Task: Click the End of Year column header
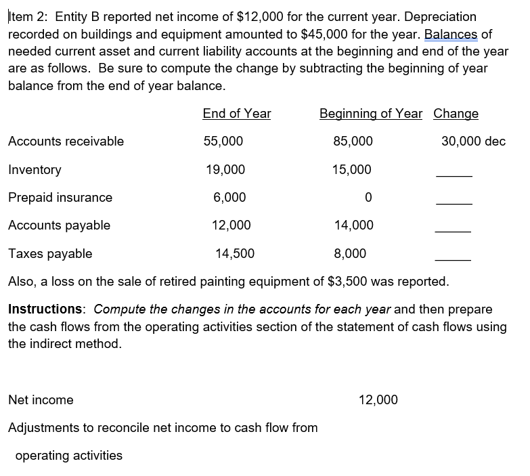click(x=236, y=114)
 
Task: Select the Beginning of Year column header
click(x=370, y=114)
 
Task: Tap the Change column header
click(x=456, y=114)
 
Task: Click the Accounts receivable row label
click(x=66, y=142)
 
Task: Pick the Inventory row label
click(x=35, y=170)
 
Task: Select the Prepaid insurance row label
click(x=60, y=198)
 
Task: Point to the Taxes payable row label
click(x=50, y=254)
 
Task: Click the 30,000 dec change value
click(x=473, y=142)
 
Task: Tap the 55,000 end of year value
click(x=223, y=142)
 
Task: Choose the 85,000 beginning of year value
click(x=353, y=142)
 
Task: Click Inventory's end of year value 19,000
click(x=225, y=170)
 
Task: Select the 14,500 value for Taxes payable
click(x=235, y=254)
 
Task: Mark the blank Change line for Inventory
click(x=453, y=175)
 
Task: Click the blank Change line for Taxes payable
click(x=453, y=259)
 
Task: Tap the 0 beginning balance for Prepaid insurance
click(x=368, y=198)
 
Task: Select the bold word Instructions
click(x=45, y=309)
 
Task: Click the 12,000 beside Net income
click(x=378, y=400)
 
